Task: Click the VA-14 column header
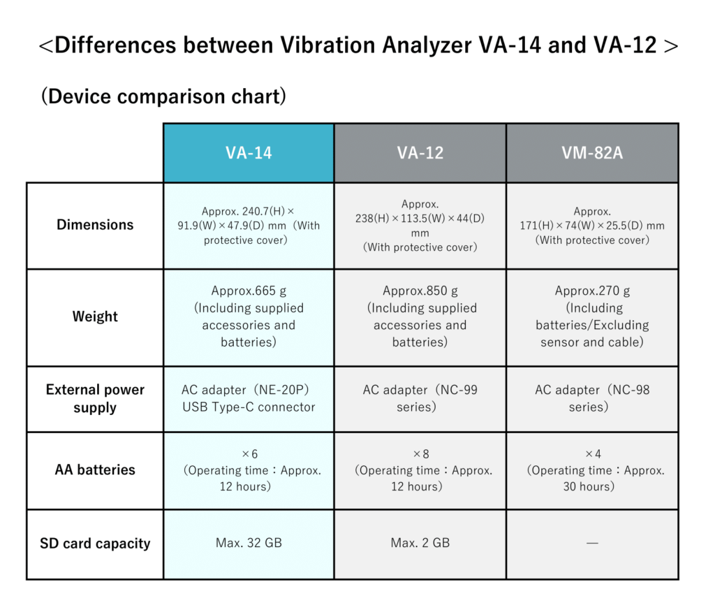[x=249, y=153]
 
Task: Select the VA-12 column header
[x=420, y=153]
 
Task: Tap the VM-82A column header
[x=591, y=153]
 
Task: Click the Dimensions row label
[x=95, y=225]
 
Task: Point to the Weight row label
[x=95, y=317]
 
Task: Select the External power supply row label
[x=95, y=398]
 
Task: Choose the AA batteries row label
[x=95, y=470]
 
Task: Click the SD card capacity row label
[x=95, y=544]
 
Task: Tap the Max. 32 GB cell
[x=249, y=543]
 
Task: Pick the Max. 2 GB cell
[x=420, y=543]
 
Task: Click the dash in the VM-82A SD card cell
[x=592, y=543]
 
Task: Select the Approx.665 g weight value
[x=249, y=291]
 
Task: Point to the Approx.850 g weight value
[x=420, y=291]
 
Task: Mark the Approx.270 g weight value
[x=592, y=291]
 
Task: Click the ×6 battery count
[x=249, y=454]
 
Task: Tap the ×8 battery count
[x=420, y=454]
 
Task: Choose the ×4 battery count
[x=592, y=454]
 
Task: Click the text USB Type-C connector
[x=249, y=407]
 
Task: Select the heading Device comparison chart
[x=163, y=96]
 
